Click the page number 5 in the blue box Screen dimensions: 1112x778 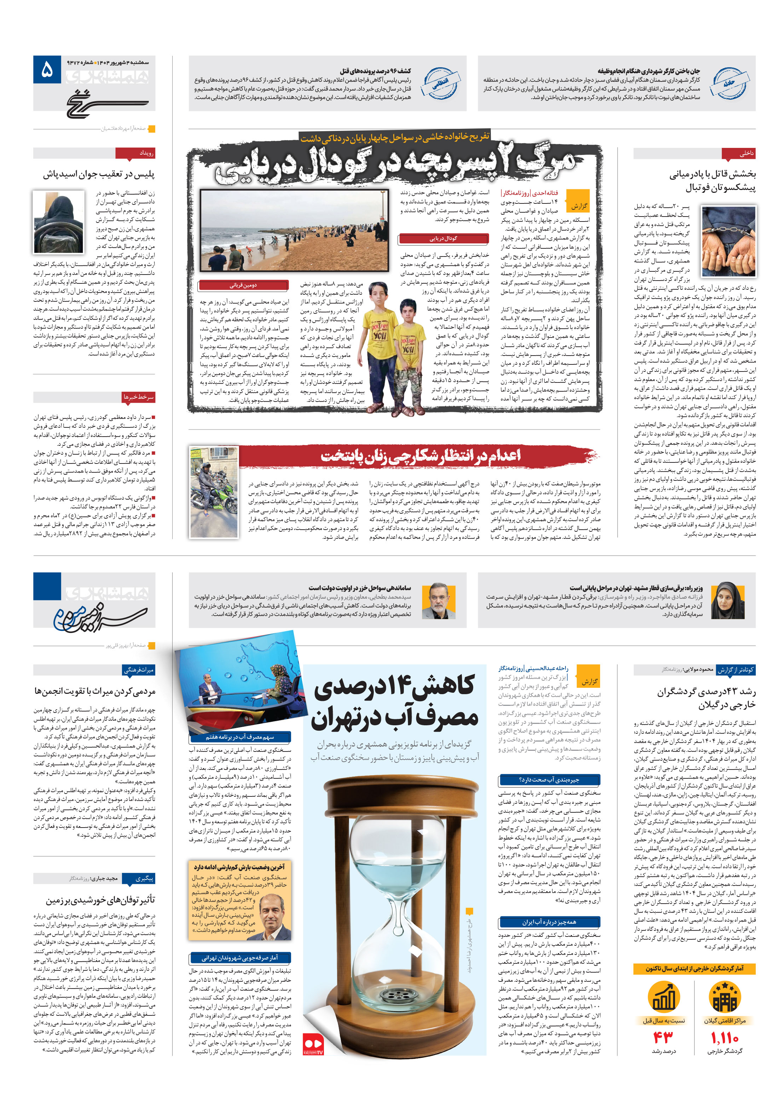tap(47, 70)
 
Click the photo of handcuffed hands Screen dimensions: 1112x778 tap(728, 240)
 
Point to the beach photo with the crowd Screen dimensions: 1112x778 tap(294, 230)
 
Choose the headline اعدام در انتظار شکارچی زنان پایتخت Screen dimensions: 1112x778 tap(420, 456)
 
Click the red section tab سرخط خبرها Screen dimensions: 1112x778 tap(139, 397)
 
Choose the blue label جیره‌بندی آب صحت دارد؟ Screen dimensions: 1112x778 tap(549, 780)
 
